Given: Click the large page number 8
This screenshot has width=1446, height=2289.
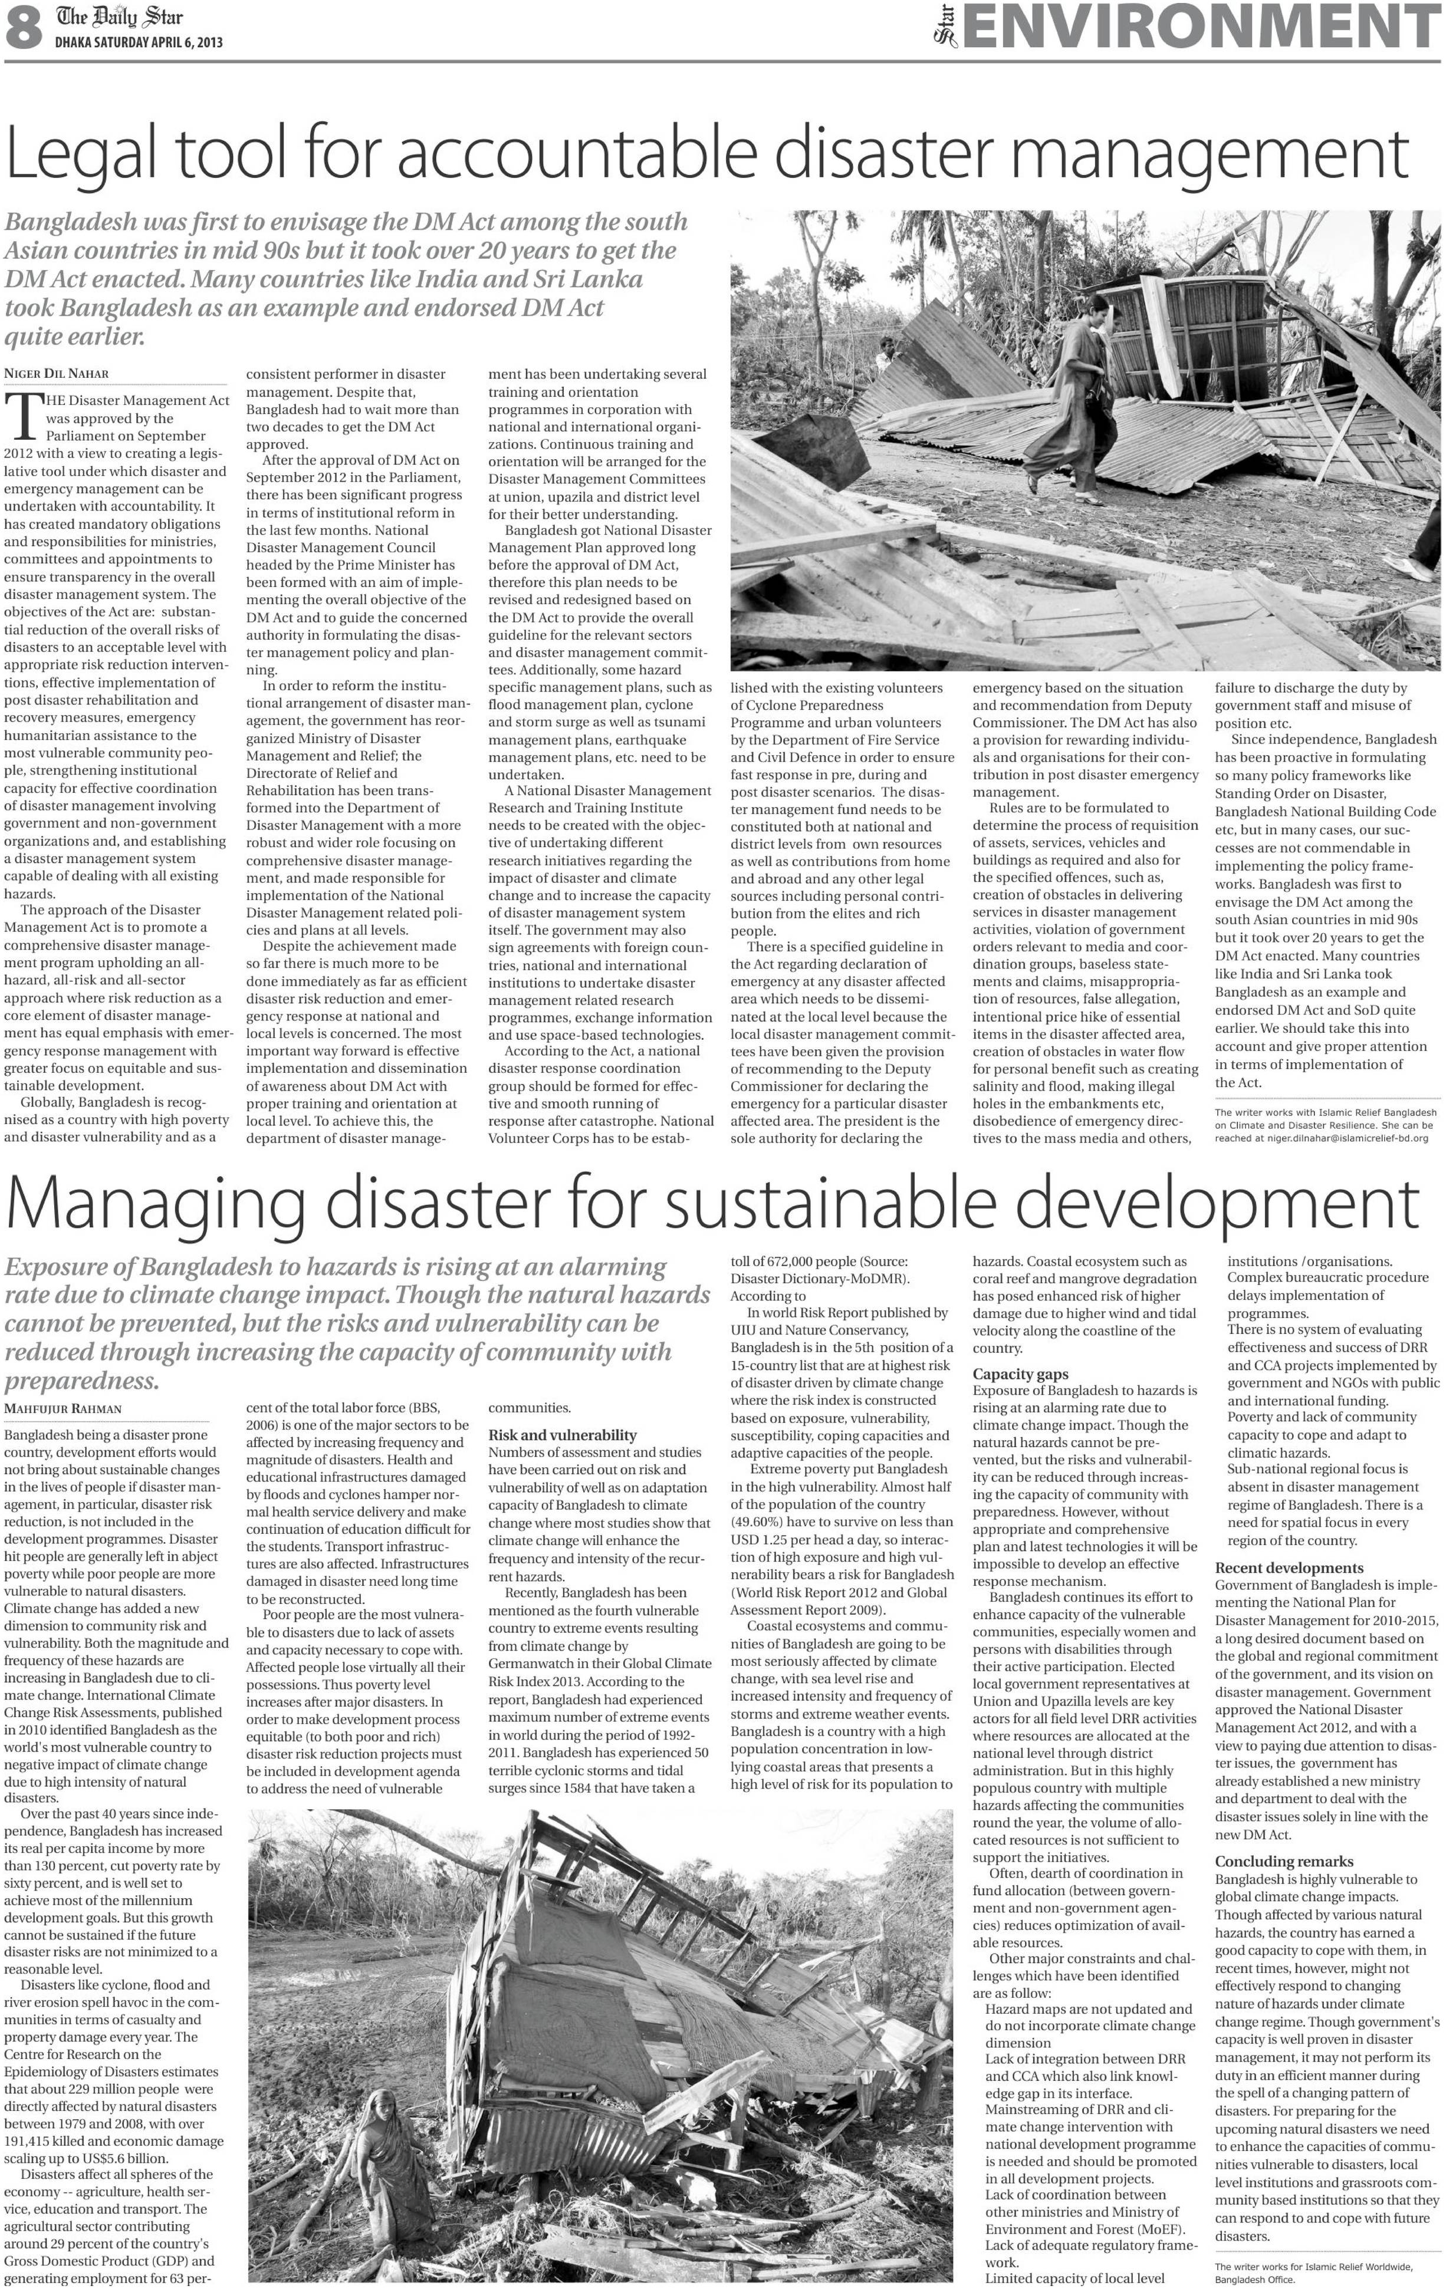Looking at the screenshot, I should coord(24,28).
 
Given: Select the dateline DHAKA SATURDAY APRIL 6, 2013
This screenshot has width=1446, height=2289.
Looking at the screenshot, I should coord(139,43).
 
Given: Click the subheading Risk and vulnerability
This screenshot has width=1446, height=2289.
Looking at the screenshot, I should coord(562,1434).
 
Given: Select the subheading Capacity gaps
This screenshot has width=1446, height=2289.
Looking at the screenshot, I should coord(1020,1374).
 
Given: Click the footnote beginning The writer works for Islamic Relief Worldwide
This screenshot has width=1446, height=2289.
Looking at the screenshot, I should coord(1312,2266).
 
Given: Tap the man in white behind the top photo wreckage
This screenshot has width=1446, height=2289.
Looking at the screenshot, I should coord(886,354).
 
